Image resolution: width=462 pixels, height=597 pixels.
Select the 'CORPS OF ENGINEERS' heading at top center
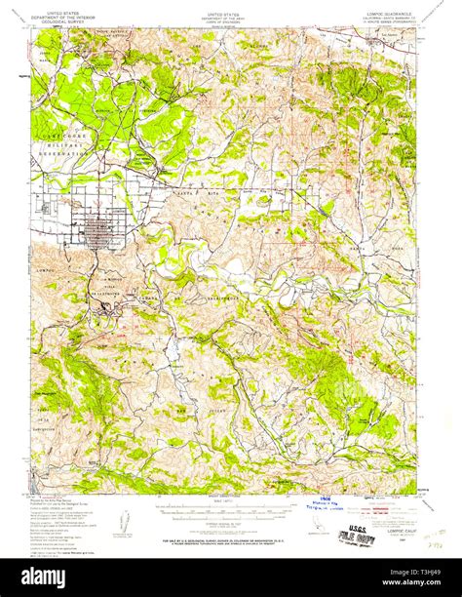pos(226,21)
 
